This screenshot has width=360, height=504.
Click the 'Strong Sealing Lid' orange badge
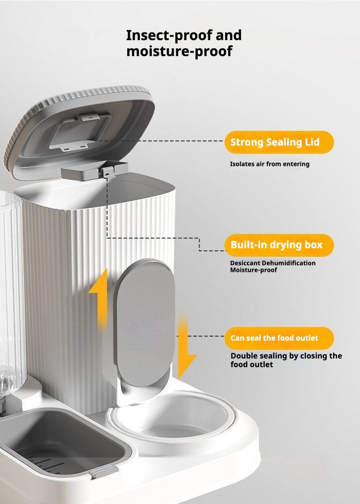coord(279,142)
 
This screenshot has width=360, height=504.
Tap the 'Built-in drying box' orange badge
coord(279,245)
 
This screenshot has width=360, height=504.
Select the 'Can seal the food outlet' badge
coord(279,338)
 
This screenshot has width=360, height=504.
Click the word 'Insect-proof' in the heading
coord(169,36)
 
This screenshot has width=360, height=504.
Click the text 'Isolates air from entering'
coord(270,164)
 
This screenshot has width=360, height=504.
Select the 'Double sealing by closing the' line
coord(286,356)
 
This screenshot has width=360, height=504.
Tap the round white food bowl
coord(172,416)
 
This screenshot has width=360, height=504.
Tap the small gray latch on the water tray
coord(103,472)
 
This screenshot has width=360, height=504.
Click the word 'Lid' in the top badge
coord(312,142)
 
